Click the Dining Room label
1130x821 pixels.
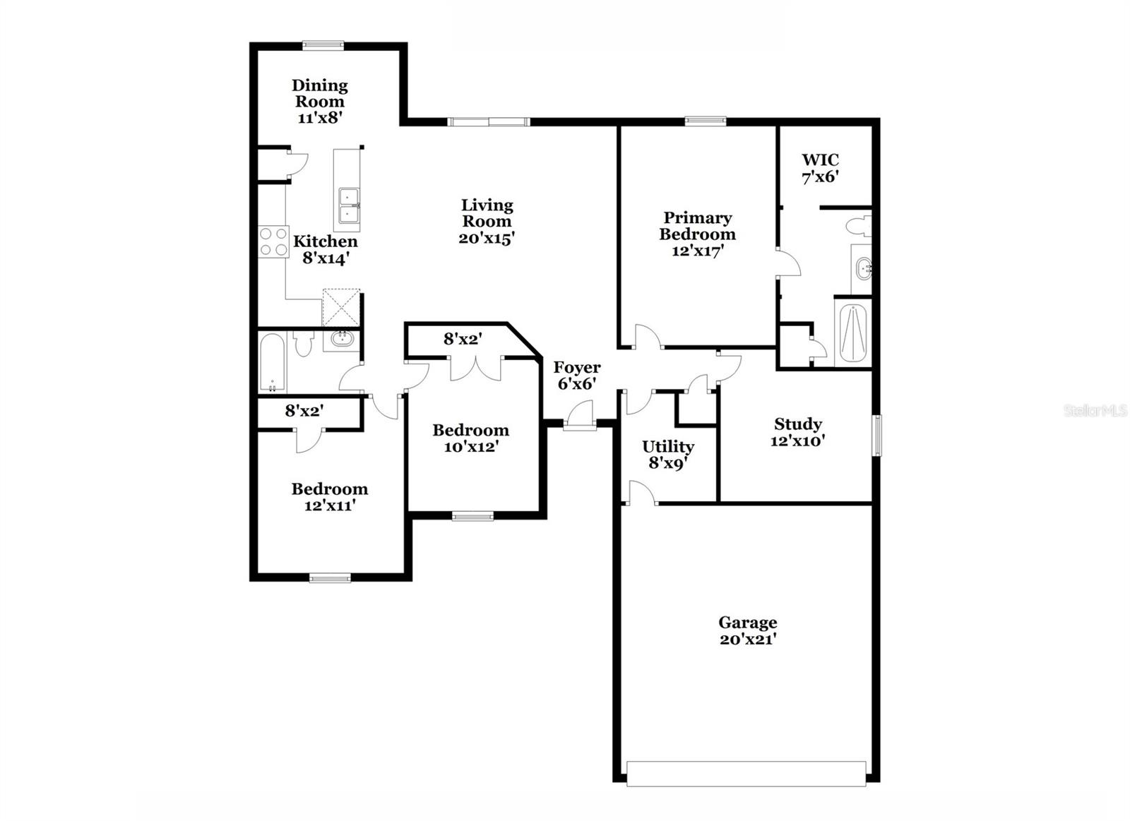pos(320,93)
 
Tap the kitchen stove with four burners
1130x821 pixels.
pos(273,241)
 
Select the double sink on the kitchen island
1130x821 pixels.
pos(347,205)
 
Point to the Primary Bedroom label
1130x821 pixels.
pos(697,226)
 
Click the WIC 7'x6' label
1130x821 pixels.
pos(820,168)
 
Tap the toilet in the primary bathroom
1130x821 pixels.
pos(860,227)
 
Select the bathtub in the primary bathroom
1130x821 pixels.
pos(852,332)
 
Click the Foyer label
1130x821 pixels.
pos(577,368)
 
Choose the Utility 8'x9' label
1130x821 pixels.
pos(667,455)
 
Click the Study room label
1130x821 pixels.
pos(798,424)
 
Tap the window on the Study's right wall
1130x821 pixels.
pos(877,435)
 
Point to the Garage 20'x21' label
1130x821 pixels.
pos(748,630)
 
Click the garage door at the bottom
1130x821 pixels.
pos(746,773)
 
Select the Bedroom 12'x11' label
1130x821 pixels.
pos(329,497)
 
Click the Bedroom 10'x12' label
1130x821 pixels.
pos(470,438)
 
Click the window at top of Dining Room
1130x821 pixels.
pos(323,45)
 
